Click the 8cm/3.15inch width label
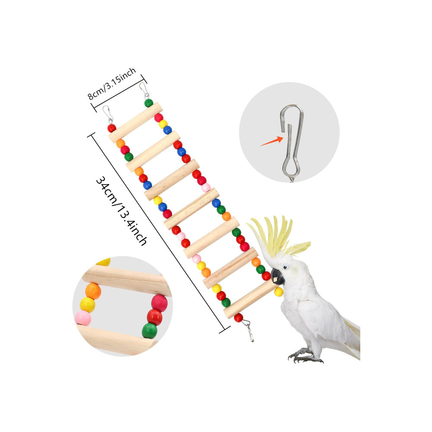pyautogui.click(x=112, y=83)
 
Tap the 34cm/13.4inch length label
pyautogui.click(x=121, y=211)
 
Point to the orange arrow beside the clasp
pyautogui.click(x=272, y=141)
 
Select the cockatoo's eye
pyautogui.click(x=286, y=267)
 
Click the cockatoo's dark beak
pyautogui.click(x=277, y=276)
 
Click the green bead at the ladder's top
pyautogui.click(x=149, y=103)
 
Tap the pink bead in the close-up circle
pyautogui.click(x=83, y=318)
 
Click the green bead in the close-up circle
pyautogui.click(x=149, y=331)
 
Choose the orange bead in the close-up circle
pyautogui.click(x=93, y=291)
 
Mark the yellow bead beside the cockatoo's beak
pyautogui.click(x=279, y=292)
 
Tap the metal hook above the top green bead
pyautogui.click(x=144, y=90)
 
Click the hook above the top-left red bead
pyautogui.click(x=108, y=114)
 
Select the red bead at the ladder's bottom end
pyautogui.click(x=238, y=318)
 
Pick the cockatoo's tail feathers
pyautogui.click(x=353, y=337)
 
